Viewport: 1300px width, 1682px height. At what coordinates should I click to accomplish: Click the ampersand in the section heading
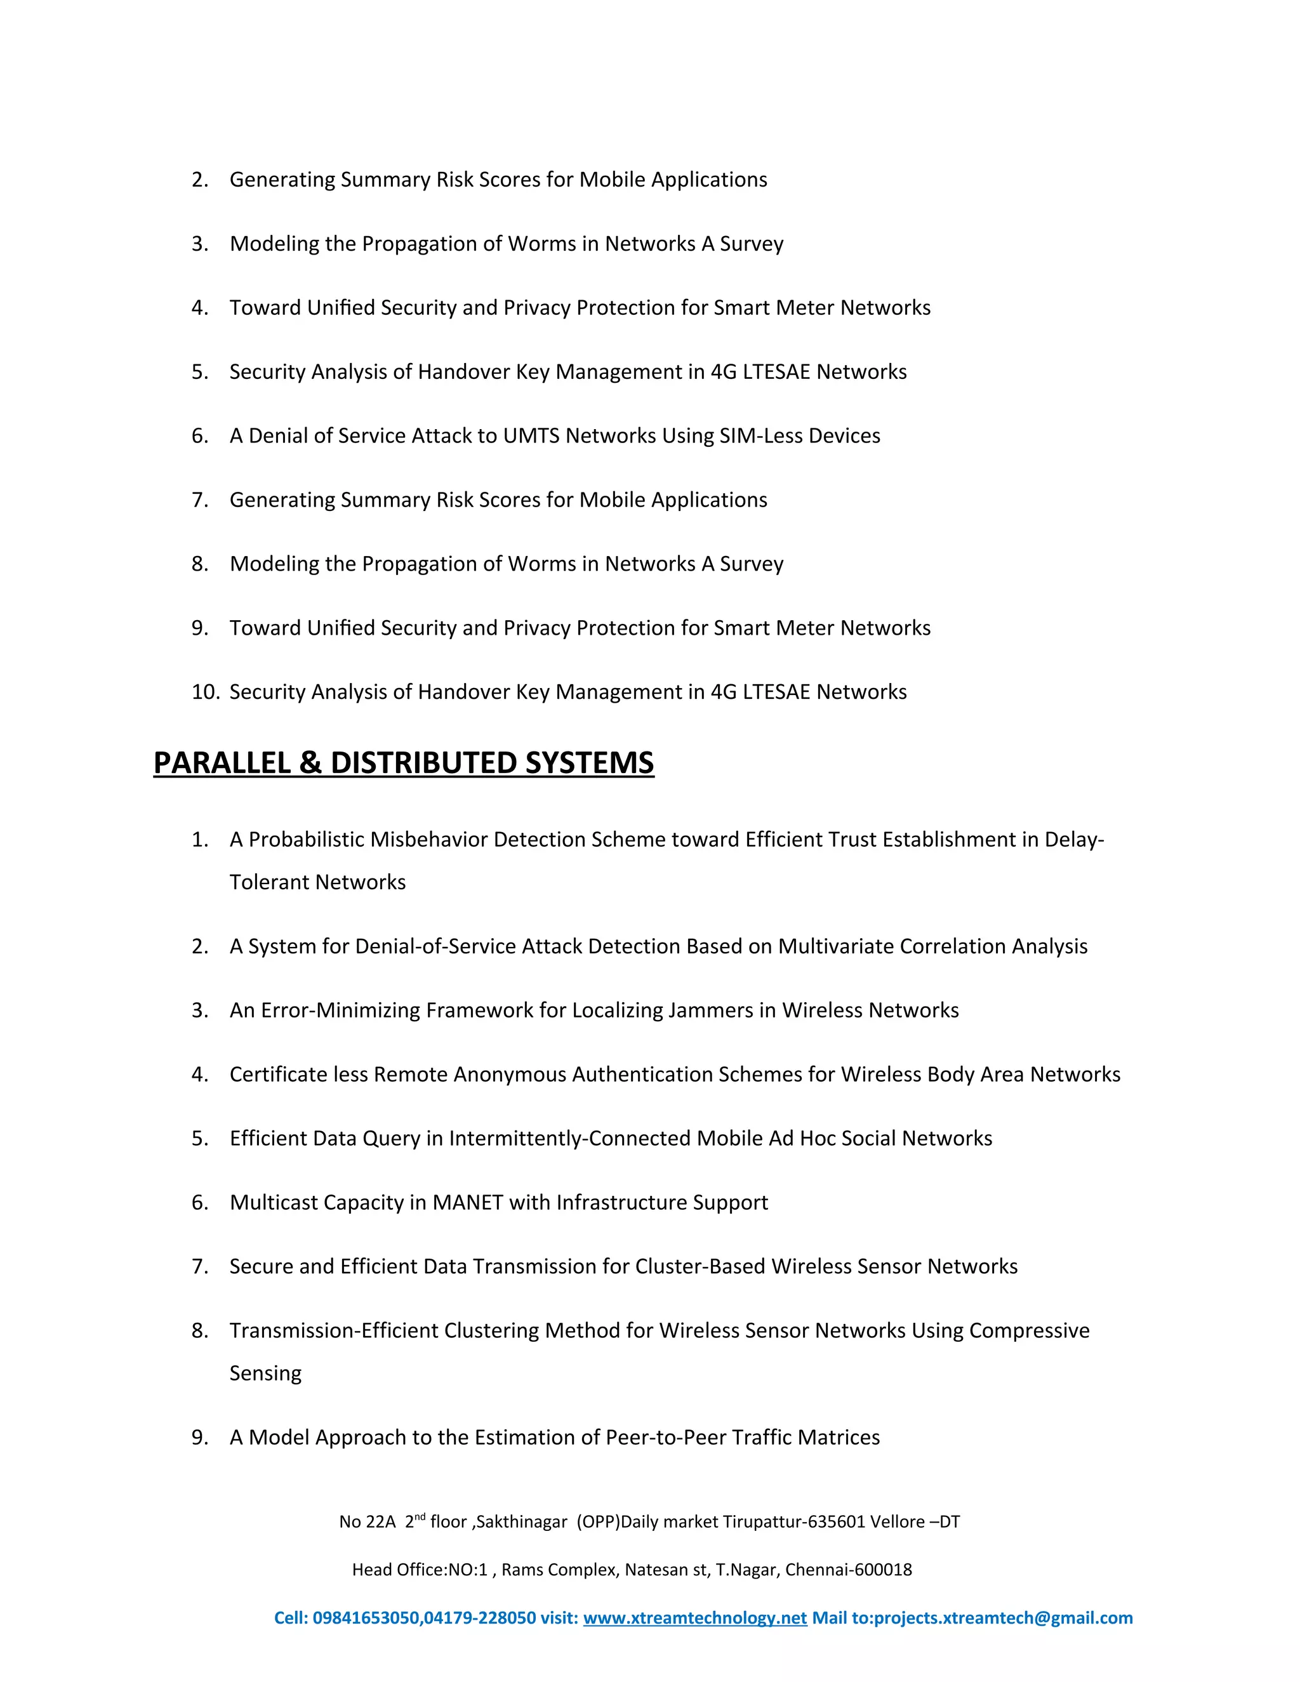click(x=310, y=762)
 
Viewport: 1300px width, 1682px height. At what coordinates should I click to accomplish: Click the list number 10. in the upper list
click(x=206, y=692)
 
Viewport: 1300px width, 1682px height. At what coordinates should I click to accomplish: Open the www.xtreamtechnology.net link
click(x=694, y=1618)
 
